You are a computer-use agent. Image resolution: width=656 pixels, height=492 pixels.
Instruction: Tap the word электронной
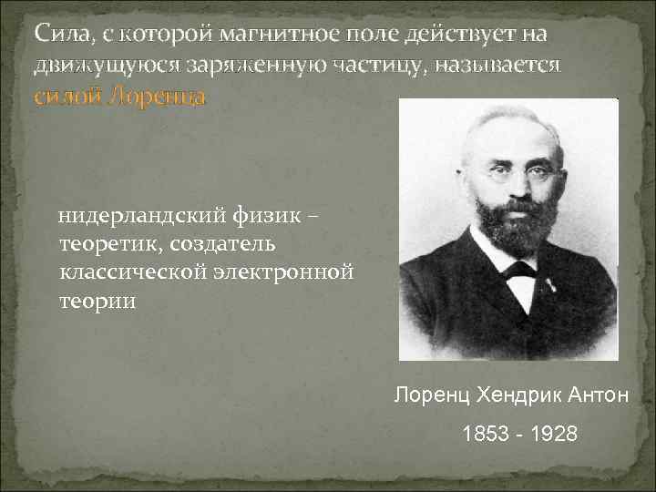(282, 272)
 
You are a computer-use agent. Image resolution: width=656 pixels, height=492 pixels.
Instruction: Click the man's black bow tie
(519, 269)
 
